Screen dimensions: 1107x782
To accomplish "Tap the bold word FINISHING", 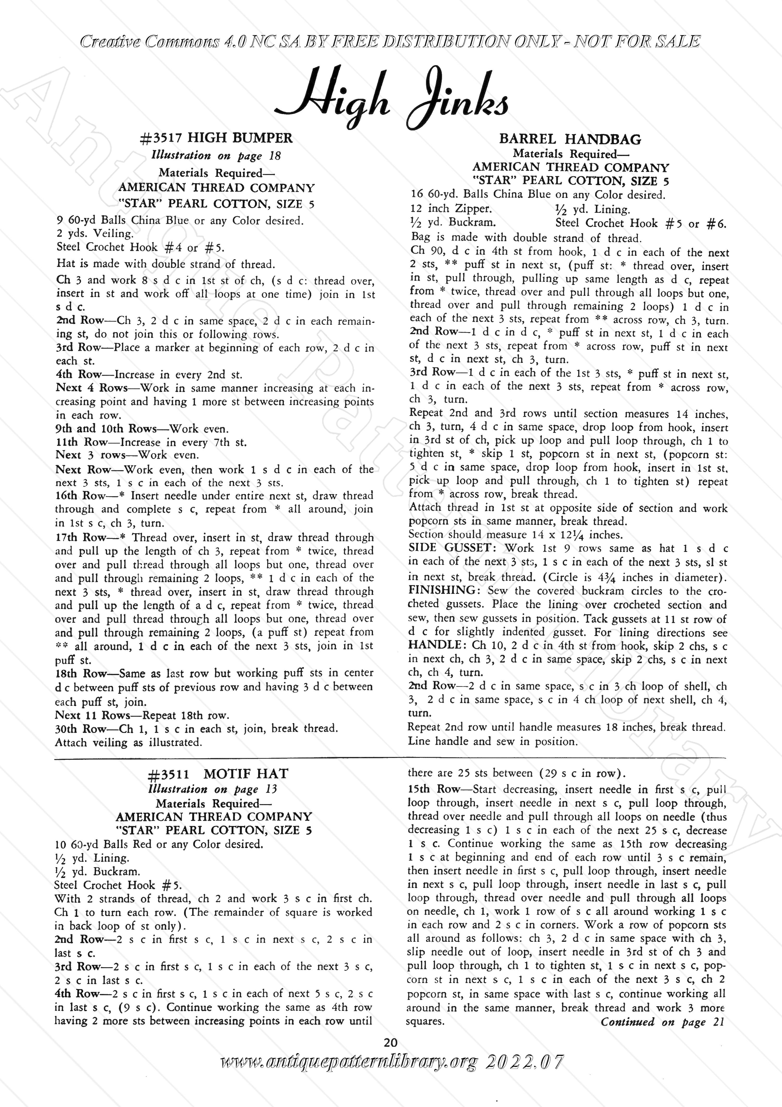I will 444,591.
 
